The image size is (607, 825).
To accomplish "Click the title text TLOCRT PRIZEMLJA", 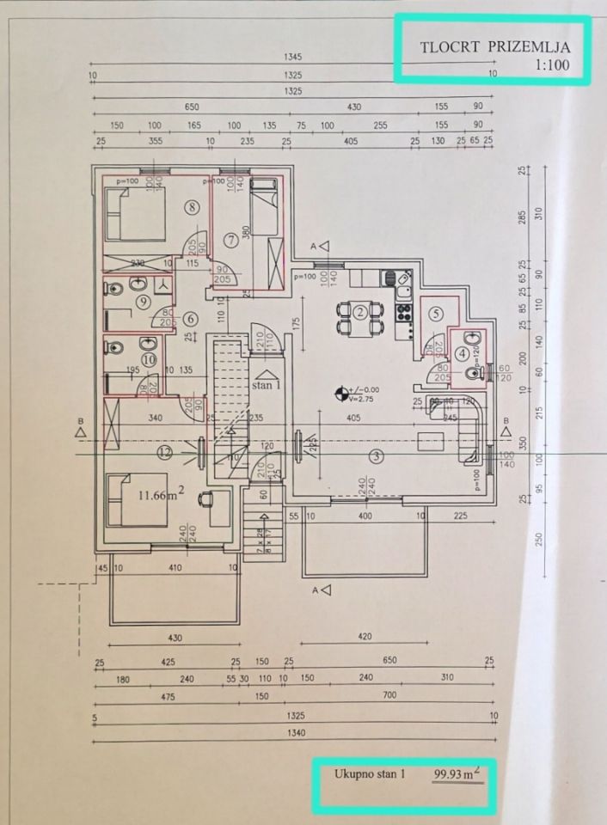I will point(494,47).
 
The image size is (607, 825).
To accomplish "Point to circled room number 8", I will point(191,206).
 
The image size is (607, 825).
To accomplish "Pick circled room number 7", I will point(230,238).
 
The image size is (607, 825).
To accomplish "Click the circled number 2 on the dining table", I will point(361,311).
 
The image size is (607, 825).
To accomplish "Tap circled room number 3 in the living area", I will point(375,456).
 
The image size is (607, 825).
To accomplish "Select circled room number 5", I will point(436,314).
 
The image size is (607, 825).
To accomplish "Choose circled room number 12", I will point(165,450).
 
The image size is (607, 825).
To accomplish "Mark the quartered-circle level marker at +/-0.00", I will point(343,394).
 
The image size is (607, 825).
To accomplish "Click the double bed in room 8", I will point(135,215).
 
